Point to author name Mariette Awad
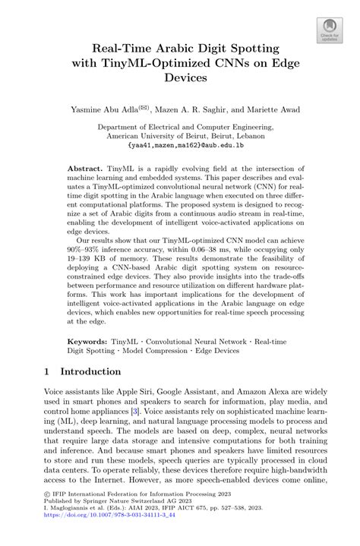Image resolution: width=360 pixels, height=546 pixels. point(272,109)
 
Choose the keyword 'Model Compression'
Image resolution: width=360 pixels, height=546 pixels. point(161,351)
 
